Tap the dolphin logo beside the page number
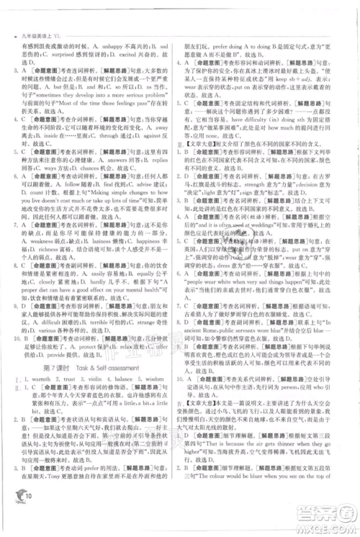pyautogui.click(x=15, y=510)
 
